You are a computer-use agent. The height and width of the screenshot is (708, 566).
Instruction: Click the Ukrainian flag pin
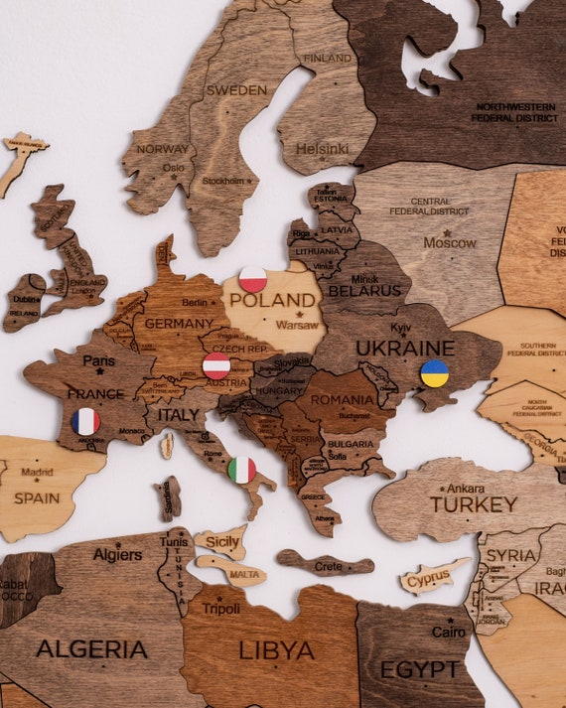coord(434,373)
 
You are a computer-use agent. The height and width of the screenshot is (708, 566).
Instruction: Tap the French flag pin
coord(86,421)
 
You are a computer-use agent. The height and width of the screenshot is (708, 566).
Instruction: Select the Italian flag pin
coord(241,469)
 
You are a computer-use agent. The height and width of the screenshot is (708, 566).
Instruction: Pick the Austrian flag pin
coord(216,365)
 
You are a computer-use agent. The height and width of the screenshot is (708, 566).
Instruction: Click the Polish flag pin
coord(253,280)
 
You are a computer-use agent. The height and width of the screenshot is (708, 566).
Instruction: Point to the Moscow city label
coord(450,242)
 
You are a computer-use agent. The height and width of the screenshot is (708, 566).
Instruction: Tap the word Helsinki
coord(323,149)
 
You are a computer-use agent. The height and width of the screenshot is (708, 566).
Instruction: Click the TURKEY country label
coord(474,504)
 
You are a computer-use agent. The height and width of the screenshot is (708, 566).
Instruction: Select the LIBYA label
coord(277,650)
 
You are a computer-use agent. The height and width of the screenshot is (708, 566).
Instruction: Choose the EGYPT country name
coord(420,669)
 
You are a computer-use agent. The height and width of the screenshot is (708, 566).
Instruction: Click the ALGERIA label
coord(91,649)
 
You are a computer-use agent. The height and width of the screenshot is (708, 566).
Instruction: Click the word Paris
coord(98,360)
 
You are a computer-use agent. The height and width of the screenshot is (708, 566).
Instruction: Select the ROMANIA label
coord(342,400)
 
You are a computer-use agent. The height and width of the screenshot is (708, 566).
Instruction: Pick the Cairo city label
coord(448,632)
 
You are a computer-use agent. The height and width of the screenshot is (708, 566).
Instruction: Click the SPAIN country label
coord(37,497)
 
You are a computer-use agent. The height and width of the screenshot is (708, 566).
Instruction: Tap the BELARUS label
coord(364,291)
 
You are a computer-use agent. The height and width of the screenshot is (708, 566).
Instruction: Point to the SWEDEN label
coord(236,90)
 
